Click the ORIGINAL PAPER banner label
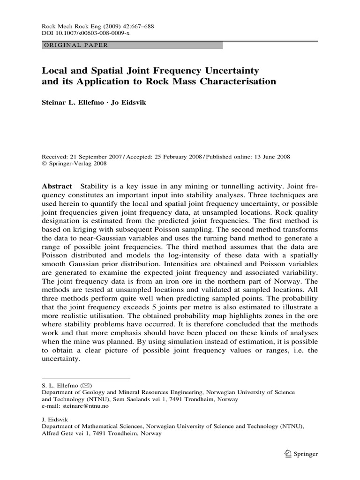point(75,45)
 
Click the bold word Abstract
point(57,186)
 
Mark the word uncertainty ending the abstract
point(61,357)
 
